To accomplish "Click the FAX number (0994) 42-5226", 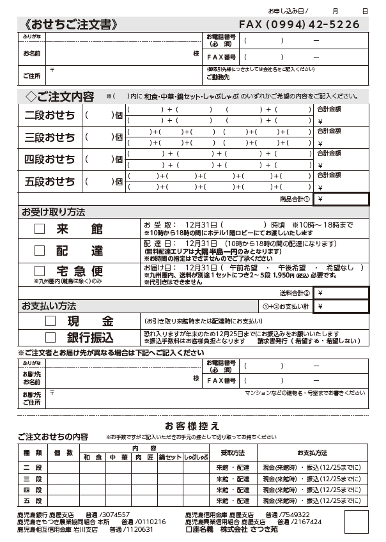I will point(299,24).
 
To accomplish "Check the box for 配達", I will point(40,251).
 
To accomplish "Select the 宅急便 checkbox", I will point(40,271).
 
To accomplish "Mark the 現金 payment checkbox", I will point(50,321).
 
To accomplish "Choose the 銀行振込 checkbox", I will point(50,337).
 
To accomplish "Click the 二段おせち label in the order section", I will point(50,116).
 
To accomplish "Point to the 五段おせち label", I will point(50,182).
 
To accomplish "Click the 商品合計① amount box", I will point(341,199).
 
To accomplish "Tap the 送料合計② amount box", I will point(341,293).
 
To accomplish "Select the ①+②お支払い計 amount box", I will point(341,307).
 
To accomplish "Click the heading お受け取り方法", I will point(54,212).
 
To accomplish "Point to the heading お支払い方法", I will point(49,306).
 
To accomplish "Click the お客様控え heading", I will point(192,425).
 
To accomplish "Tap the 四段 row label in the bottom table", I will point(33,490).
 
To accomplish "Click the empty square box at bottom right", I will point(356,521).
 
